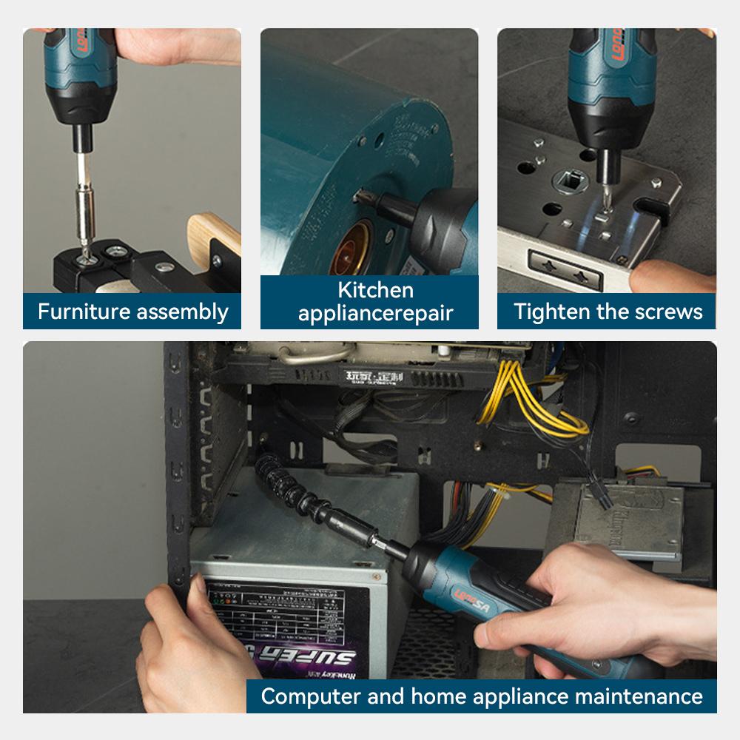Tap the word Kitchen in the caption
tap(375, 290)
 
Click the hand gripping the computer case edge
tap(185, 644)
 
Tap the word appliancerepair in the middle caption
tap(375, 312)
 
